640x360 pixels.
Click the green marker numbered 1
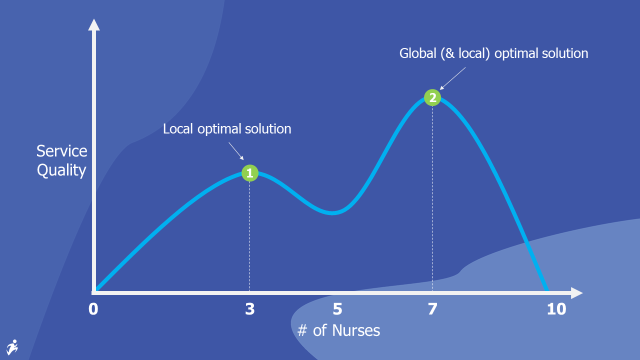tap(250, 173)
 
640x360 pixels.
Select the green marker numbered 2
tap(432, 97)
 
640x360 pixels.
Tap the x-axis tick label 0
tap(93, 309)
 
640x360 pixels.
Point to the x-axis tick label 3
tap(250, 309)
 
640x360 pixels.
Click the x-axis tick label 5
tap(337, 309)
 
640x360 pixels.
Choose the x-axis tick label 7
tap(432, 309)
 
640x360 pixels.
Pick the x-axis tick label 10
tap(556, 309)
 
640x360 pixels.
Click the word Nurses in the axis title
tap(356, 330)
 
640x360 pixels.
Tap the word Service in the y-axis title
tap(61, 151)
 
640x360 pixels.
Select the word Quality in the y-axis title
tap(61, 170)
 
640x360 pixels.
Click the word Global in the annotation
tap(417, 53)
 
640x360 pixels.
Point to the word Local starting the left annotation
tap(177, 129)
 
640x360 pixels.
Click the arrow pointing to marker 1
tap(236, 151)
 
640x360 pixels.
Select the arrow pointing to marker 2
tap(452, 78)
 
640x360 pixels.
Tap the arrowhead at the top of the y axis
tap(93, 24)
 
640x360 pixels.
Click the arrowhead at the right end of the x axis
tap(577, 293)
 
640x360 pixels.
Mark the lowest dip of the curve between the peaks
tap(332, 213)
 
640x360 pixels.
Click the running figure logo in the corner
tap(12, 347)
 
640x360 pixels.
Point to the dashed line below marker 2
tap(432, 198)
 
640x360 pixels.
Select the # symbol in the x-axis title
tap(302, 330)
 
